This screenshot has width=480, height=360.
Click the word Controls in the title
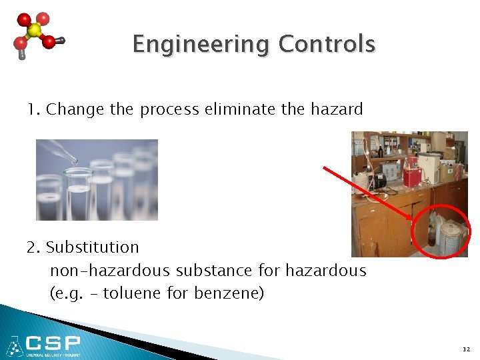tap(327, 44)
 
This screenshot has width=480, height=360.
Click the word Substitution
tap(92, 247)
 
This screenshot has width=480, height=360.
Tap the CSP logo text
tap(53, 344)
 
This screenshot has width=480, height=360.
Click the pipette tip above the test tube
tap(75, 161)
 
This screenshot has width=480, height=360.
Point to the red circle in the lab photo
tap(441, 231)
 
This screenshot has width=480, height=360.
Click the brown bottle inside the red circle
tap(431, 237)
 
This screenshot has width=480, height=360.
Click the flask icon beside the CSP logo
tap(13, 346)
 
